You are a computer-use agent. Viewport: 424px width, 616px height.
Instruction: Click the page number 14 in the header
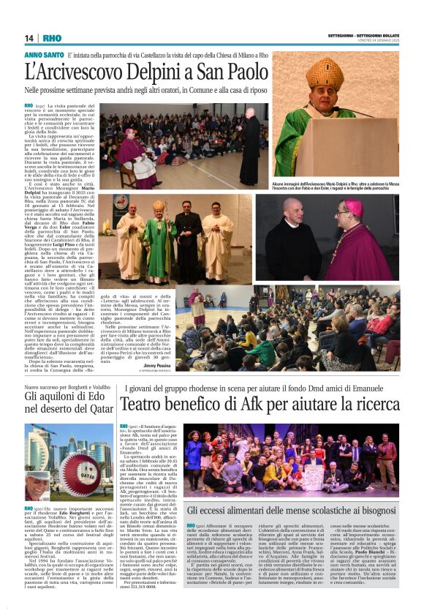click(29, 38)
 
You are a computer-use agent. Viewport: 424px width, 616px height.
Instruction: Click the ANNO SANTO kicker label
click(44, 55)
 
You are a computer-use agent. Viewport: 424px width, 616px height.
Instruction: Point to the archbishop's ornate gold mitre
click(325, 73)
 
